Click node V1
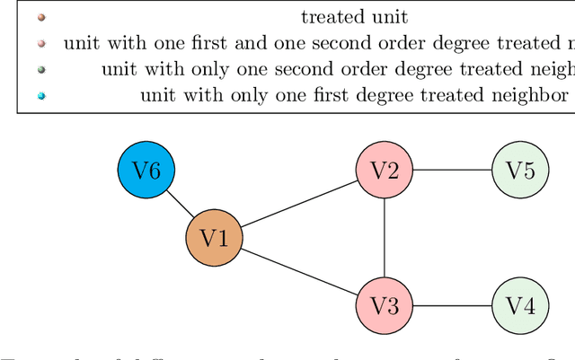[214, 238]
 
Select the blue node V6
[146, 170]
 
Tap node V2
[385, 170]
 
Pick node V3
[385, 305]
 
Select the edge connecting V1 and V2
[299, 204]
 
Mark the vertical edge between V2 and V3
[385, 238]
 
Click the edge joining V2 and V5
[452, 170]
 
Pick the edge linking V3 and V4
[452, 305]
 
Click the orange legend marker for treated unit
[41, 17]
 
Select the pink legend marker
[41, 43]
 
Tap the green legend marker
[41, 69]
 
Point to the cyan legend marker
[41, 95]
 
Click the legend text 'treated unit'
[354, 16]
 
